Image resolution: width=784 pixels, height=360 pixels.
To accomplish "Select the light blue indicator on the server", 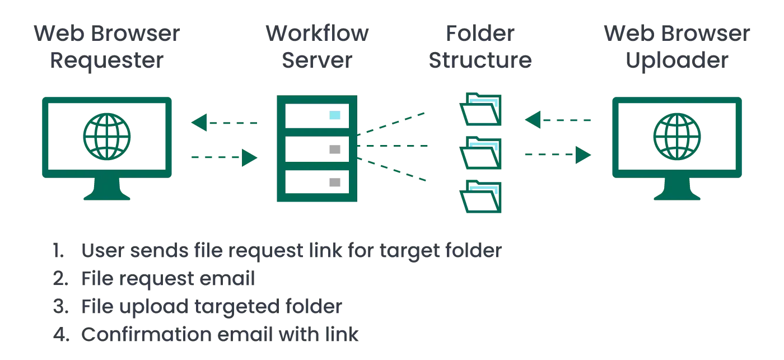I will [334, 115].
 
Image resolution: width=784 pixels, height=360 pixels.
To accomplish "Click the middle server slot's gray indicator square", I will [334, 149].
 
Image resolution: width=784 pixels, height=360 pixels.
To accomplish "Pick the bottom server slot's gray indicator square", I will [334, 181].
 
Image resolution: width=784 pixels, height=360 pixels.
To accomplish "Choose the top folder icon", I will [479, 109].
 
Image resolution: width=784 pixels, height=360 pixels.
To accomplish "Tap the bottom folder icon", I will [479, 197].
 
